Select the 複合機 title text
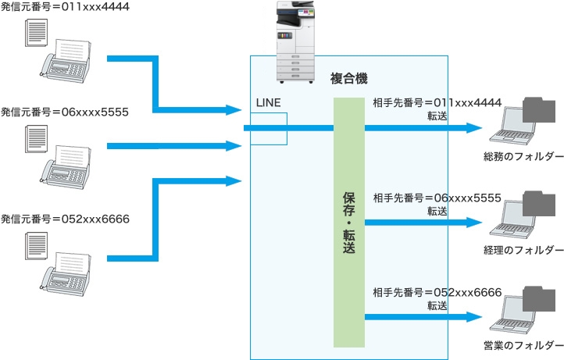pyautogui.click(x=348, y=80)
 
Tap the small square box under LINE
pyautogui.click(x=269, y=129)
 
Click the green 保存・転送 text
pyautogui.click(x=349, y=222)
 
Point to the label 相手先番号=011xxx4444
pyautogui.click(x=437, y=103)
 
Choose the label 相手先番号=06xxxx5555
pyautogui.click(x=437, y=198)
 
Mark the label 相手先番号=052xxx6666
pyautogui.click(x=437, y=293)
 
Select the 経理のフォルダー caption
pyautogui.click(x=523, y=249)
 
